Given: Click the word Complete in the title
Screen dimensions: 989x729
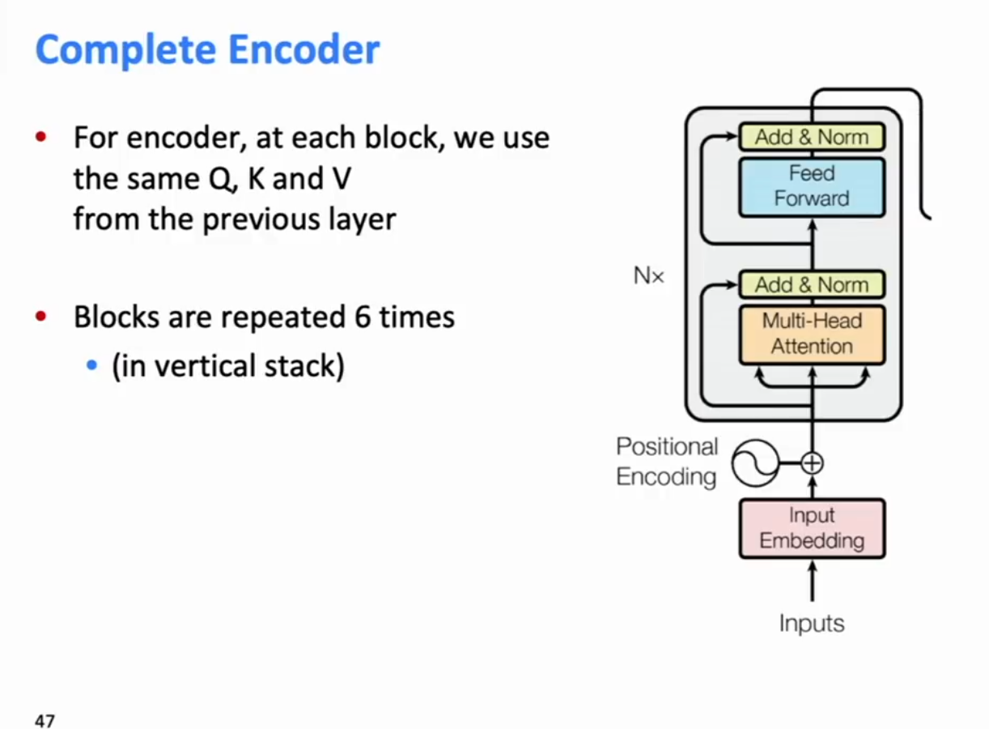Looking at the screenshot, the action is (x=125, y=50).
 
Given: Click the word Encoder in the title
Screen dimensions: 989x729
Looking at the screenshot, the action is (x=304, y=49).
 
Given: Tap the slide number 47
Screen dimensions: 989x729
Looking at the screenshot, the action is (x=45, y=720).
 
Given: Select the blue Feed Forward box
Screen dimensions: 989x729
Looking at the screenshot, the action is (x=812, y=187).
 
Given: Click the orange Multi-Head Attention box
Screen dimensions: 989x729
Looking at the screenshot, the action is (x=812, y=335).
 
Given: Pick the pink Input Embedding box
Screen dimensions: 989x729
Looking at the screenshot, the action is (x=812, y=528).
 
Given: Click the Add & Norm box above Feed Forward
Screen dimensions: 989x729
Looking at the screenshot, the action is (x=812, y=137).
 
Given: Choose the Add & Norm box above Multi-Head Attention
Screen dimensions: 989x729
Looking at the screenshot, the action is (x=812, y=284).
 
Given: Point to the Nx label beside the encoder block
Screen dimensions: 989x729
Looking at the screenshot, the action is (x=648, y=275).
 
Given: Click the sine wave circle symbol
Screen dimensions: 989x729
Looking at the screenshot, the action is (x=755, y=463).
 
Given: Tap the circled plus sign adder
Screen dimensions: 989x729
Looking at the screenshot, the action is (x=813, y=463).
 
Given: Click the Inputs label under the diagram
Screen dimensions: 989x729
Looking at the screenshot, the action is (x=812, y=624).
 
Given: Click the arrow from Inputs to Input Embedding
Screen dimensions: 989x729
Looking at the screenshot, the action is (x=813, y=581).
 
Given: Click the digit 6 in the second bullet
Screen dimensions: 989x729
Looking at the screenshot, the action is (x=363, y=317).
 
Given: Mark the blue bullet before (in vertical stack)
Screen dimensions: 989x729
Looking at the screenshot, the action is (x=91, y=365).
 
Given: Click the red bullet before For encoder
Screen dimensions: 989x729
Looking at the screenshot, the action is (x=41, y=137).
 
